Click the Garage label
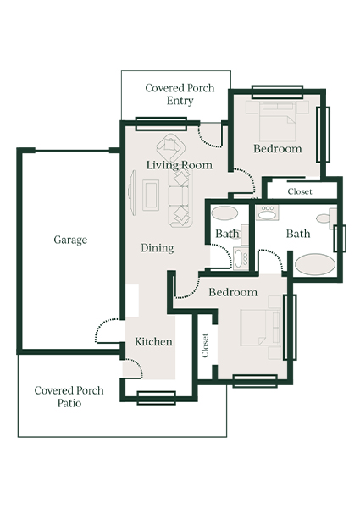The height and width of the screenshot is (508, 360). pyautogui.click(x=70, y=240)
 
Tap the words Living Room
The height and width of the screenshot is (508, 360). pyautogui.click(x=179, y=165)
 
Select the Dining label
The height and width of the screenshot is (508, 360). pyautogui.click(x=157, y=248)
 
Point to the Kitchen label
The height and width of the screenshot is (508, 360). pyautogui.click(x=153, y=342)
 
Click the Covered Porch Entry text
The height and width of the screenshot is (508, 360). pyautogui.click(x=180, y=94)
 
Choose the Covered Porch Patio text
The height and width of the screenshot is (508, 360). pyautogui.click(x=69, y=397)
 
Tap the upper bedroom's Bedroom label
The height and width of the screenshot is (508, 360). pyautogui.click(x=277, y=149)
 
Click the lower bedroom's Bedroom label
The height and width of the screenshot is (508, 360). pyautogui.click(x=232, y=293)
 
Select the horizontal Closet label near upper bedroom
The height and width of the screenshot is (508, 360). pyautogui.click(x=299, y=192)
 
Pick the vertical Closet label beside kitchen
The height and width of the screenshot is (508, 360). pyautogui.click(x=206, y=345)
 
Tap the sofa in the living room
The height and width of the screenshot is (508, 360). pyautogui.click(x=180, y=196)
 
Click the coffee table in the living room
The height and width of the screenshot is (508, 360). pyautogui.click(x=150, y=196)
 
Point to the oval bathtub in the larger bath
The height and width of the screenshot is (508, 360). pyautogui.click(x=315, y=263)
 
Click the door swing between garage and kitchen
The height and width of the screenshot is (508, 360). pyautogui.click(x=108, y=332)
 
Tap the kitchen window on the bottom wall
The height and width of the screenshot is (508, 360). pyautogui.click(x=156, y=397)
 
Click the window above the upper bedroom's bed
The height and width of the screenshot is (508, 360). pyautogui.click(x=277, y=91)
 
